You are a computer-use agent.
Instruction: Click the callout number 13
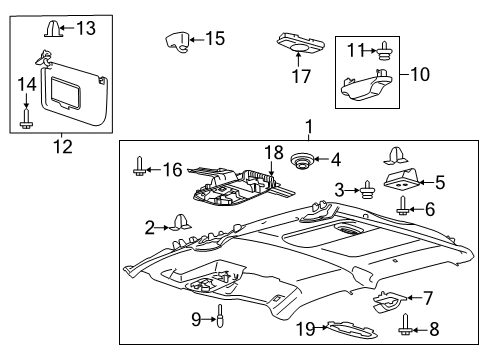[87, 28]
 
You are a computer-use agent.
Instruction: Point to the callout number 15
[214, 39]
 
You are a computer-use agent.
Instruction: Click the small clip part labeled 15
[178, 42]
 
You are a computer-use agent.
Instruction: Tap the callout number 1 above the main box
[308, 128]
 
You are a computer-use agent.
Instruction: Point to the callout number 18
[269, 154]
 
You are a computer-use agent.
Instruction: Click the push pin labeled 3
[368, 189]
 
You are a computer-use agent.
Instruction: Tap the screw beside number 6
[403, 209]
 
